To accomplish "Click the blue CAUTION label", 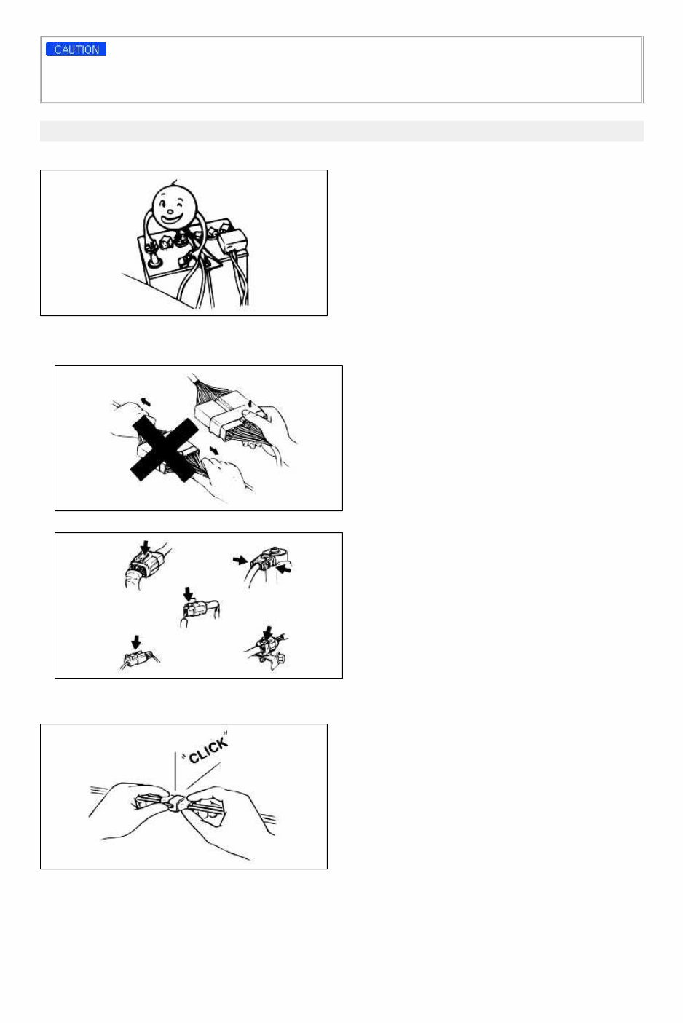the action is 76,50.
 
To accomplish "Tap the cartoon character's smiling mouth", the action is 172,218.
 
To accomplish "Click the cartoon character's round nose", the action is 170,210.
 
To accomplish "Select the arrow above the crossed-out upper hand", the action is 146,401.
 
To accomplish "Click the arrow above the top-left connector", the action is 146,548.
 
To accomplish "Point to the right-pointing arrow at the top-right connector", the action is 240,560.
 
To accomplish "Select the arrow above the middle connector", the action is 188,594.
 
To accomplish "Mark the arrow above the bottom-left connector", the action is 135,642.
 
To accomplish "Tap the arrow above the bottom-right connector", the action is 268,633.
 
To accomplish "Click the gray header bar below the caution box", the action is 341,131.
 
